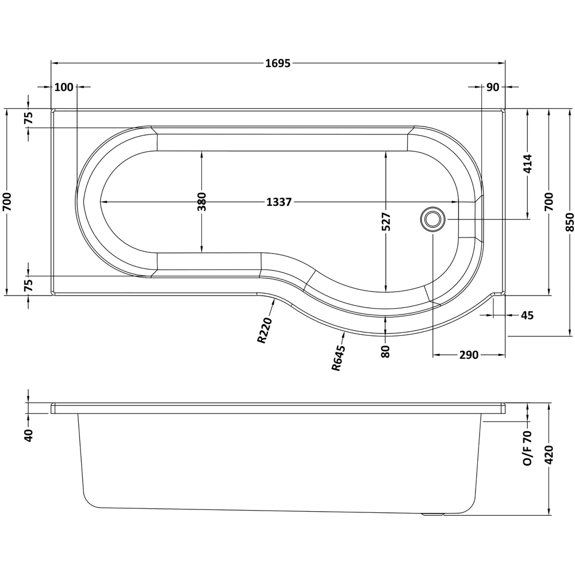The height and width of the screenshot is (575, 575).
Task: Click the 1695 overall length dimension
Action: click(x=278, y=63)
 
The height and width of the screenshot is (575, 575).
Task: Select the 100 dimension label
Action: click(x=64, y=87)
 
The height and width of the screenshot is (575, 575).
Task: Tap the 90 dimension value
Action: click(x=492, y=87)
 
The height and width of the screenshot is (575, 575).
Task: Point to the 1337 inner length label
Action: click(x=279, y=202)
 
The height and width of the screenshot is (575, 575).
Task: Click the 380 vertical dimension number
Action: click(x=202, y=202)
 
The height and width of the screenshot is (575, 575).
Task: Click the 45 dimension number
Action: click(x=527, y=315)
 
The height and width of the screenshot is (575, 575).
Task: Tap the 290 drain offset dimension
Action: click(x=469, y=355)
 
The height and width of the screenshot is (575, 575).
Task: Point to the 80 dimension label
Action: click(x=386, y=351)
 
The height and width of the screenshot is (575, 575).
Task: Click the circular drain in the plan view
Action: click(x=432, y=219)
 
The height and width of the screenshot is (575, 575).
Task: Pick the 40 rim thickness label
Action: click(x=29, y=435)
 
